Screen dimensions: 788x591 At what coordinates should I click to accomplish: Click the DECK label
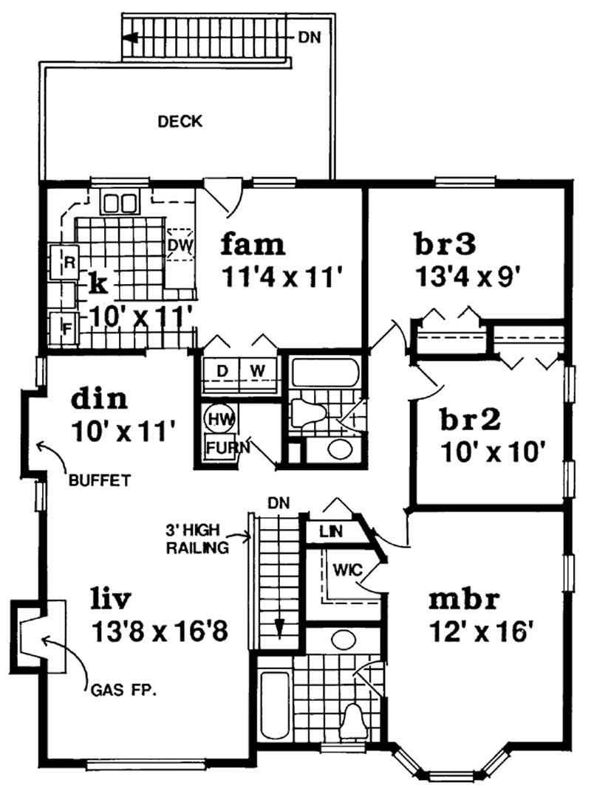click(180, 122)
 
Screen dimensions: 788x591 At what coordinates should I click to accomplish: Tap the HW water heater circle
click(217, 418)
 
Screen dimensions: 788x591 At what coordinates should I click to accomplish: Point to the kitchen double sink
click(120, 202)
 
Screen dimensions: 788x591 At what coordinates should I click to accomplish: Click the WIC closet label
click(345, 570)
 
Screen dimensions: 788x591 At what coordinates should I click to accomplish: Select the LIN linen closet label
click(329, 530)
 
